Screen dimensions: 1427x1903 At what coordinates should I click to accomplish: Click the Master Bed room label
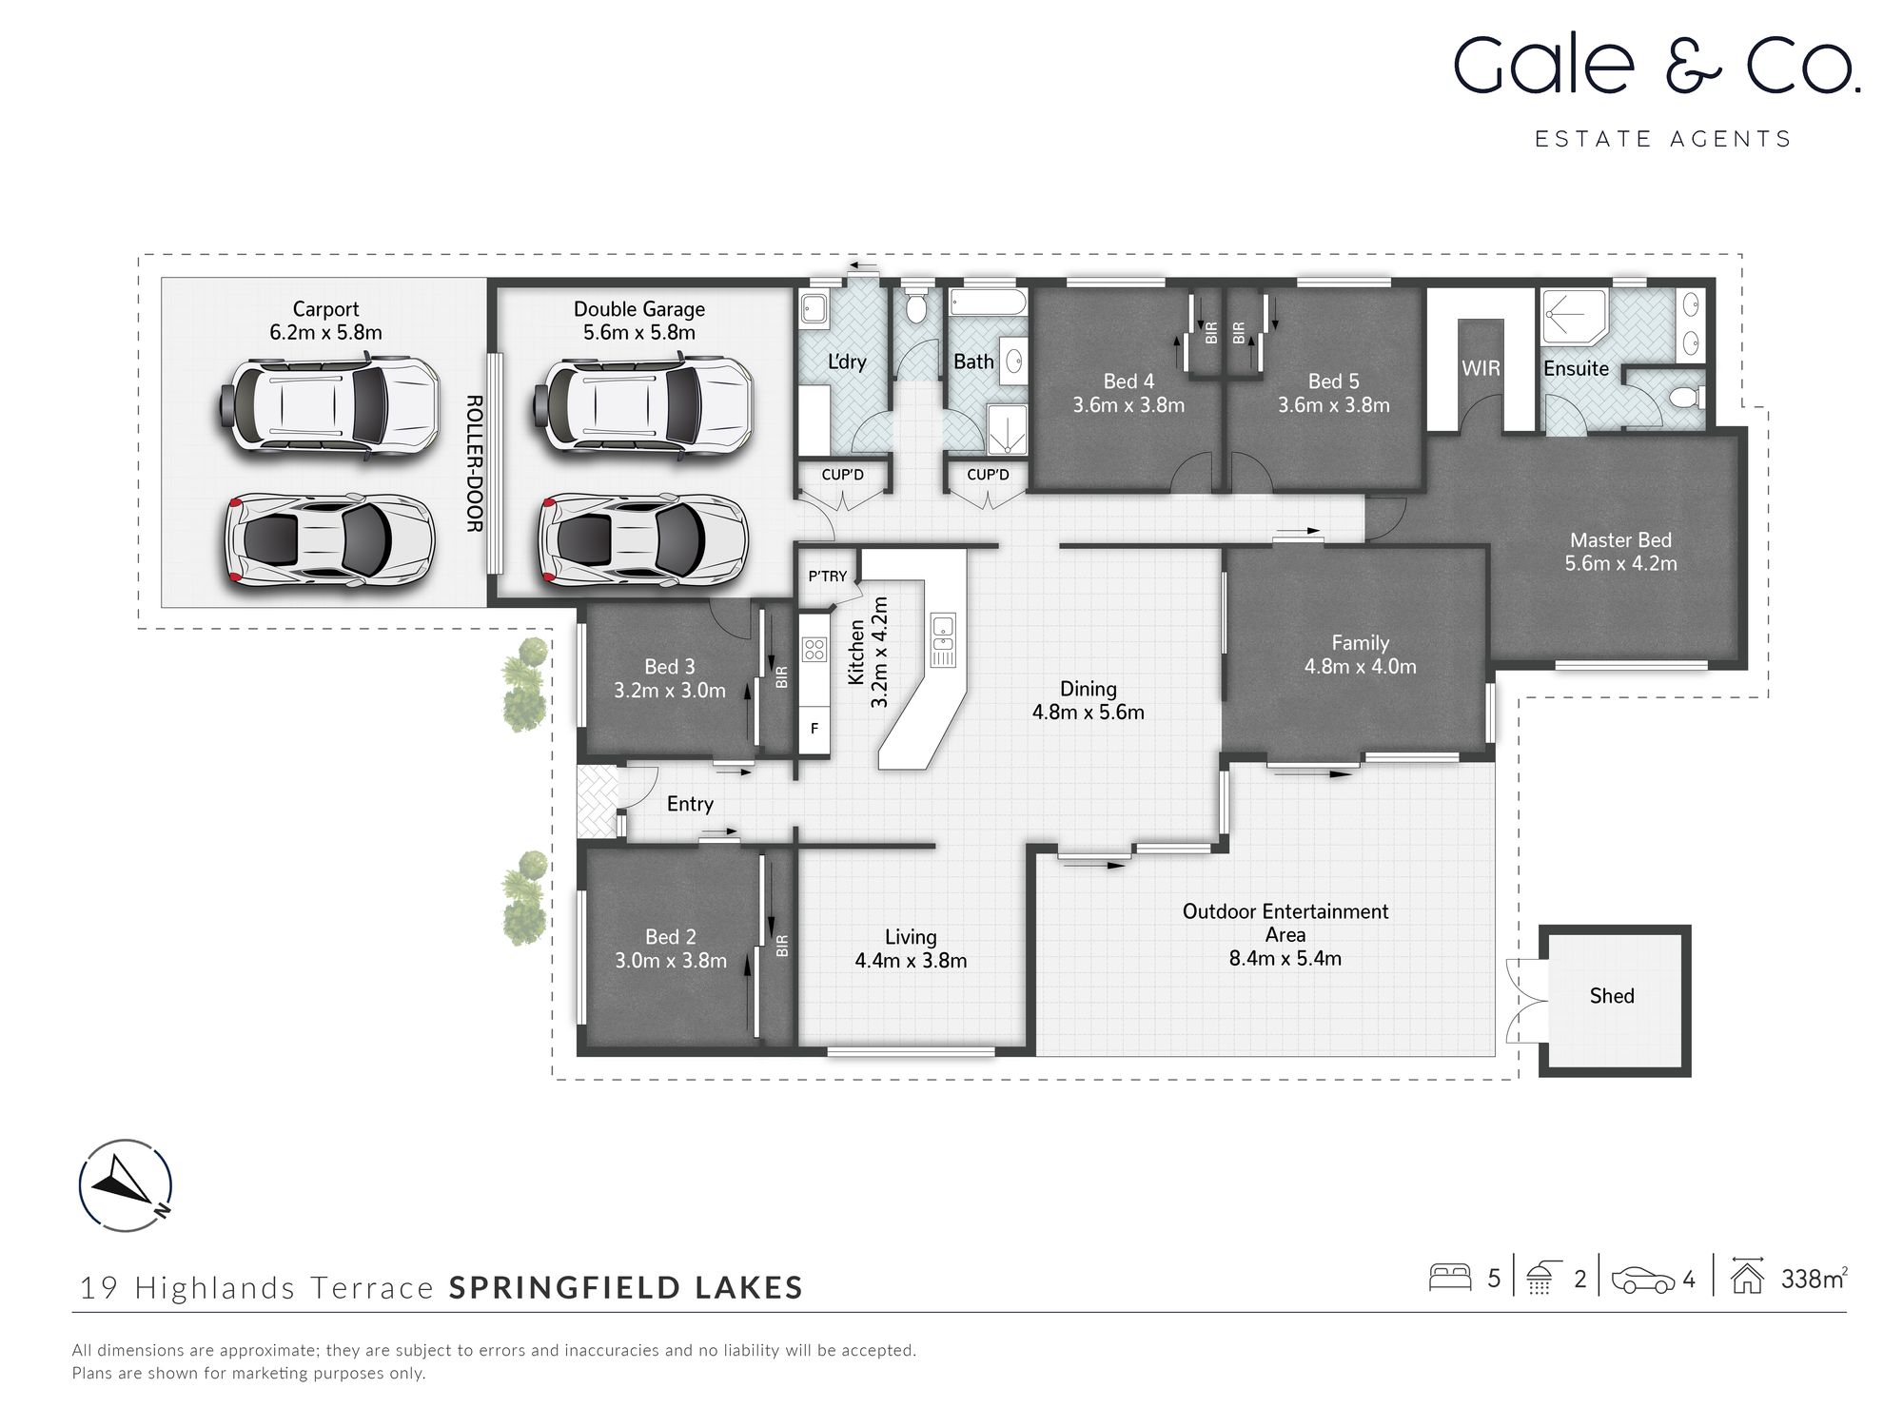coord(1620,540)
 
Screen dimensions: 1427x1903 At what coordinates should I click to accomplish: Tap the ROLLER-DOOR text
coord(474,463)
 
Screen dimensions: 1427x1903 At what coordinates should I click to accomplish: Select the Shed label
coord(1612,996)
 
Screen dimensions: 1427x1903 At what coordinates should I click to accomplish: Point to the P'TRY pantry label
coord(827,577)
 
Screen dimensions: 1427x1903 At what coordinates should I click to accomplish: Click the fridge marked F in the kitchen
coord(814,730)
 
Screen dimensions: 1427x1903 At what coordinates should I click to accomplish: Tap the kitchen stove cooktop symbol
coord(814,650)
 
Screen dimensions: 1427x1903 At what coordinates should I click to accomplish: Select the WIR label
coord(1481,368)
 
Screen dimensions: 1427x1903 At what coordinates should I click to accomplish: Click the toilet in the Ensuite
coord(1688,397)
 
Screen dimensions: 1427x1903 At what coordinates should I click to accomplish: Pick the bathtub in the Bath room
coord(988,304)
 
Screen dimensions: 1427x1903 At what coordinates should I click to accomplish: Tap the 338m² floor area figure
coord(1814,1280)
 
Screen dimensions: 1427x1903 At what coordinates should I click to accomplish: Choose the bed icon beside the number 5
coord(1450,1278)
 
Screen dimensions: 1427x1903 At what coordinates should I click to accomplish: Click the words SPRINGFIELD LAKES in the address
coord(626,1288)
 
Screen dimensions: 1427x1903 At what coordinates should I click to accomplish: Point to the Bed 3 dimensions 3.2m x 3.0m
coord(670,691)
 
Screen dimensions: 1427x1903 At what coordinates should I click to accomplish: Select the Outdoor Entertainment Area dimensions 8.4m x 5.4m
coord(1285,958)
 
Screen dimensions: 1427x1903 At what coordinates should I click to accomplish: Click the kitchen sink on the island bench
coord(942,638)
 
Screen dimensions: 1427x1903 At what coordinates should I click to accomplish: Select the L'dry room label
coord(846,362)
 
